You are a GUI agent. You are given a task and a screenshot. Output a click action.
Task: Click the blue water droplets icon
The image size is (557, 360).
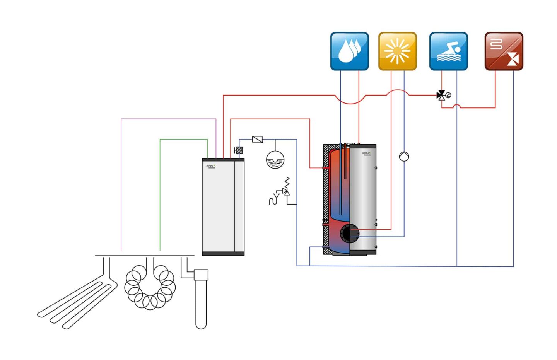(349, 51)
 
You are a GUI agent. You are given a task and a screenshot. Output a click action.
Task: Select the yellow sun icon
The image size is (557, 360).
(397, 51)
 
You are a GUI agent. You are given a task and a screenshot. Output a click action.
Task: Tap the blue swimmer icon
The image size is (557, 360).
(448, 51)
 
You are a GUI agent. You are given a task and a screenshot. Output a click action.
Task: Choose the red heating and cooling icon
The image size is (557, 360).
(504, 51)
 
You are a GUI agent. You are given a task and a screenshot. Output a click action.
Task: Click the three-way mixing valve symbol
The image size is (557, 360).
(441, 95)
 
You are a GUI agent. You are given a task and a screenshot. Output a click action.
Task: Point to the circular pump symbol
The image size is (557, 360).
(404, 156)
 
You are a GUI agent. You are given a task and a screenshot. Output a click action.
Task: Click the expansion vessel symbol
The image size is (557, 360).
(275, 160)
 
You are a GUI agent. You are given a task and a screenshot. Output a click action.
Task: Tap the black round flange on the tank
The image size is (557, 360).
(349, 234)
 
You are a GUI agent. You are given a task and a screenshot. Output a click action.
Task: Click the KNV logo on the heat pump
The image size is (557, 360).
(211, 166)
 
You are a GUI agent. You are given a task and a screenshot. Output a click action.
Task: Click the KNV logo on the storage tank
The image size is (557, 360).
(366, 154)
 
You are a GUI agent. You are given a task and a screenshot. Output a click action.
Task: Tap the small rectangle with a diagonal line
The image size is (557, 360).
(257, 139)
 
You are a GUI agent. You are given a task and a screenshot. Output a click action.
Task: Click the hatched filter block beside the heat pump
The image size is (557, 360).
(239, 150)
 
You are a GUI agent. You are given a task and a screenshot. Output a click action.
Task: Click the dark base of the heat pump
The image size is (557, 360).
(223, 254)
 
